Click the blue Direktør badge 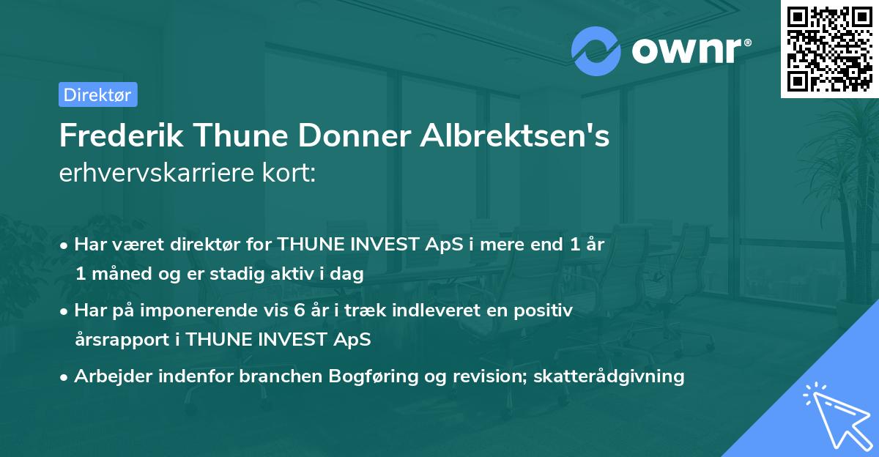tap(97, 94)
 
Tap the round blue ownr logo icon tap(596, 51)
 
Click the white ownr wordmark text tap(690, 51)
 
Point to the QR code tap(829, 48)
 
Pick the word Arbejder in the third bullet tap(108, 376)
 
